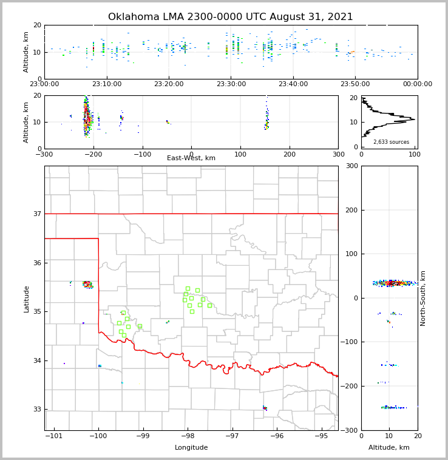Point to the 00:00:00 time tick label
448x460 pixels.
click(x=417, y=84)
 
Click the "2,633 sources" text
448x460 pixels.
click(x=391, y=142)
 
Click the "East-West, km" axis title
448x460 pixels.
click(x=191, y=158)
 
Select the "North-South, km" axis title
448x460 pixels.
click(x=423, y=298)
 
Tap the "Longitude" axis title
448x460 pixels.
click(x=191, y=448)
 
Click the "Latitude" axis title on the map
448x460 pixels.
click(x=26, y=299)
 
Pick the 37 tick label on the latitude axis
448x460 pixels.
click(x=37, y=214)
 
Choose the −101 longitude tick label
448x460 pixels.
click(x=53, y=436)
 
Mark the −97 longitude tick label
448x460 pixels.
click(x=232, y=436)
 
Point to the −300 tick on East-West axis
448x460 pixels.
click(x=44, y=154)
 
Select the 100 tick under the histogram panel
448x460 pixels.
click(x=414, y=154)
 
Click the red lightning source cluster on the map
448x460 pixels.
click(x=87, y=283)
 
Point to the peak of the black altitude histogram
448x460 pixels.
click(x=415, y=120)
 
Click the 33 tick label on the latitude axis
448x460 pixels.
click(x=37, y=409)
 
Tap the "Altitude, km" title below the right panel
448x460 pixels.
click(x=389, y=448)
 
